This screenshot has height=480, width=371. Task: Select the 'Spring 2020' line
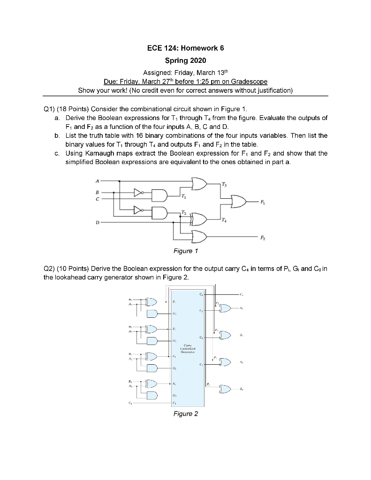[x=186, y=61]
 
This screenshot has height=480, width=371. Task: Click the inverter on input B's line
[x=137, y=192]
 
